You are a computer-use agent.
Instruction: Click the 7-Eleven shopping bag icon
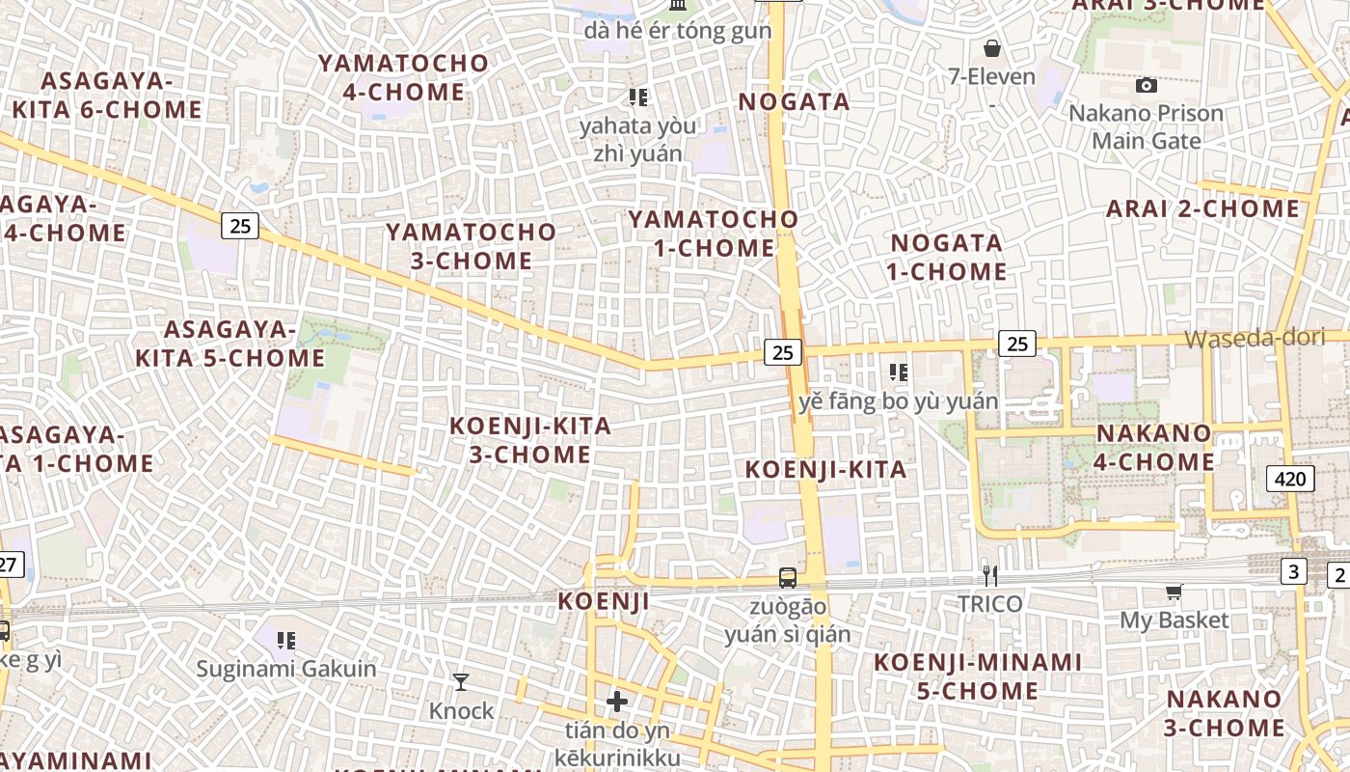click(x=992, y=48)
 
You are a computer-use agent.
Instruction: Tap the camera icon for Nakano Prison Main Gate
click(x=1147, y=86)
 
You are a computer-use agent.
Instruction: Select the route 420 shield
click(x=1289, y=479)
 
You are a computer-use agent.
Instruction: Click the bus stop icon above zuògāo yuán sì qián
click(x=788, y=578)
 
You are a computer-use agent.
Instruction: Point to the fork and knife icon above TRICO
click(x=989, y=576)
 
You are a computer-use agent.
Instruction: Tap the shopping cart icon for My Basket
click(x=1174, y=592)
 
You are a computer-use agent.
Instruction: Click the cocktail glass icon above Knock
click(x=461, y=682)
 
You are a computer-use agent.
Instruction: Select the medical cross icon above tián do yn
click(x=617, y=702)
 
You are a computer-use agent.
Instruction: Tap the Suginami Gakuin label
click(x=286, y=668)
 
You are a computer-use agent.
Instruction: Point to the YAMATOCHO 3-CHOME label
click(x=472, y=246)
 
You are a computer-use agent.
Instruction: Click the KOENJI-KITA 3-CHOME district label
click(x=530, y=440)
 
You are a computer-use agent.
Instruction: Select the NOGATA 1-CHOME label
click(x=947, y=257)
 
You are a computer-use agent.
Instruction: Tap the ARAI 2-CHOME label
click(x=1202, y=208)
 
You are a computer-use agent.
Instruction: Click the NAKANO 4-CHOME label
click(x=1153, y=448)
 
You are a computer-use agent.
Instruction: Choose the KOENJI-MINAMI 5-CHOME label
click(x=978, y=676)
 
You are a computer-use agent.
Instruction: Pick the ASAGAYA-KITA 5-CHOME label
click(x=229, y=344)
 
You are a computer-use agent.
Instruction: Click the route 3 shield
click(x=1294, y=570)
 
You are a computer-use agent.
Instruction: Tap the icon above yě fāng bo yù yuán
click(x=899, y=372)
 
